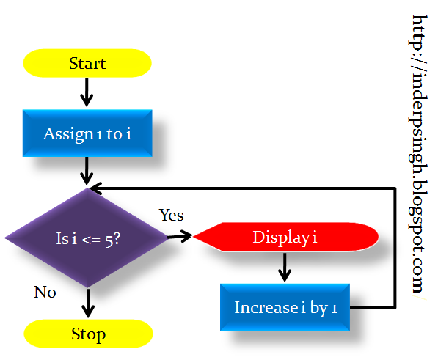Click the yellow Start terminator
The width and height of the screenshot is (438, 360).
[87, 64]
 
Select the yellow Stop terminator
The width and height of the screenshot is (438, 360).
[88, 334]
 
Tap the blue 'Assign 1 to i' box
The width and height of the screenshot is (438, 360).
[87, 133]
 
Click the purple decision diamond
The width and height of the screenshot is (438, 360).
[87, 238]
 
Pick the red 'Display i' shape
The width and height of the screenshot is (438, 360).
[286, 237]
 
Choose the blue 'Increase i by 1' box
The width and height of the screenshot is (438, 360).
[285, 307]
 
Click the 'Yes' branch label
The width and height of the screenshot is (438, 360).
[172, 216]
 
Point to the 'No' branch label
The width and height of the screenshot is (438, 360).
[45, 292]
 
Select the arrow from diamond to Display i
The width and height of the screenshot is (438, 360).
[179, 237]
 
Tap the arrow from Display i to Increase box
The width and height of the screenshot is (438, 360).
[285, 268]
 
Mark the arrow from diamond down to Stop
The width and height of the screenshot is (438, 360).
[87, 302]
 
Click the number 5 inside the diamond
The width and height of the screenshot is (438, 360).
[109, 239]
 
